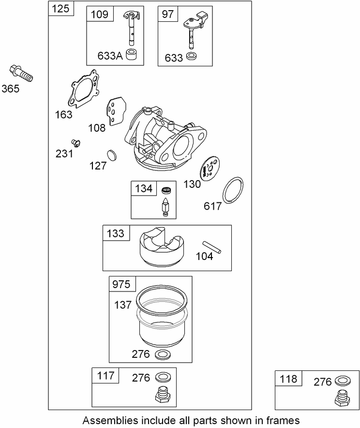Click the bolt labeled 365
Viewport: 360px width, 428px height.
coord(20,73)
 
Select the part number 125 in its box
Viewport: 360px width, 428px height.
coord(61,8)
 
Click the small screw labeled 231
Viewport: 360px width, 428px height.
coord(75,142)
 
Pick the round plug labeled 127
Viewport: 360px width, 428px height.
coord(112,155)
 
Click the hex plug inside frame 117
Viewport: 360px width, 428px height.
coord(161,396)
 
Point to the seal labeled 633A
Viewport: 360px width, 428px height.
coord(131,55)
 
